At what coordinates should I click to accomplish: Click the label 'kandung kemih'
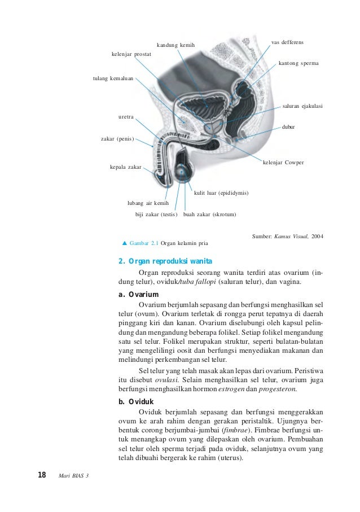(x=175, y=45)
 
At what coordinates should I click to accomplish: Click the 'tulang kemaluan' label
(x=113, y=78)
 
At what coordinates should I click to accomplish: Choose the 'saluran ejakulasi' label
(x=302, y=106)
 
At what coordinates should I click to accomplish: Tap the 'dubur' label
(x=288, y=128)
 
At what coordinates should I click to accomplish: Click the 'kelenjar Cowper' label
(x=283, y=163)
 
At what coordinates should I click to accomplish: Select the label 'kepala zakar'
(x=125, y=167)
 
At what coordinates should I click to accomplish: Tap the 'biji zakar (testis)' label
(x=156, y=215)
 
